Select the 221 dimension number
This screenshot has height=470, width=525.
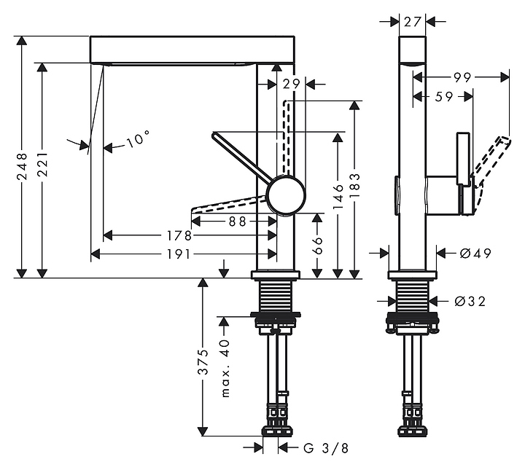42,165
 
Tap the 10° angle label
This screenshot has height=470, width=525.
136,139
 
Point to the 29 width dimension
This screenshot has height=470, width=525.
291,85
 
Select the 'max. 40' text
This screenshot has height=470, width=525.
225,369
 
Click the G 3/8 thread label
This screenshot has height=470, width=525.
326,449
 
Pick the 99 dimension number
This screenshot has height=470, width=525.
461,77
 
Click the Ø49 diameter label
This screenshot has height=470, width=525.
475,254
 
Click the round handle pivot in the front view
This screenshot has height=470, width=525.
284,195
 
